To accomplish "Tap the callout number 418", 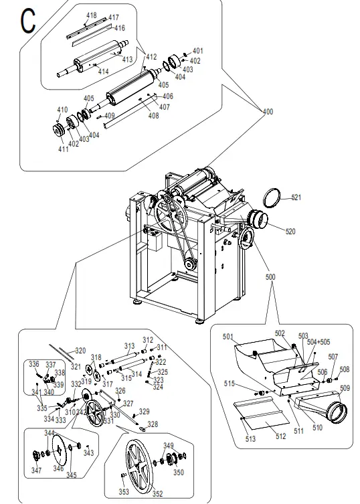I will [x=91, y=15].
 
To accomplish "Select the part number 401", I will [x=197, y=51].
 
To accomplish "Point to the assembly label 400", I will [x=268, y=111].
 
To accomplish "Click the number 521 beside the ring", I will [x=296, y=197].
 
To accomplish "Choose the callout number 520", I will [x=290, y=232].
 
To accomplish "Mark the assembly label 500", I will [x=270, y=276].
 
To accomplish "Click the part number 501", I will [x=228, y=336].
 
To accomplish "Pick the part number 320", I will [x=80, y=351].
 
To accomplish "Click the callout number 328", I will [x=153, y=424].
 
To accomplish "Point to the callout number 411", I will [x=63, y=149].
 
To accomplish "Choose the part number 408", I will [x=154, y=116].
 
